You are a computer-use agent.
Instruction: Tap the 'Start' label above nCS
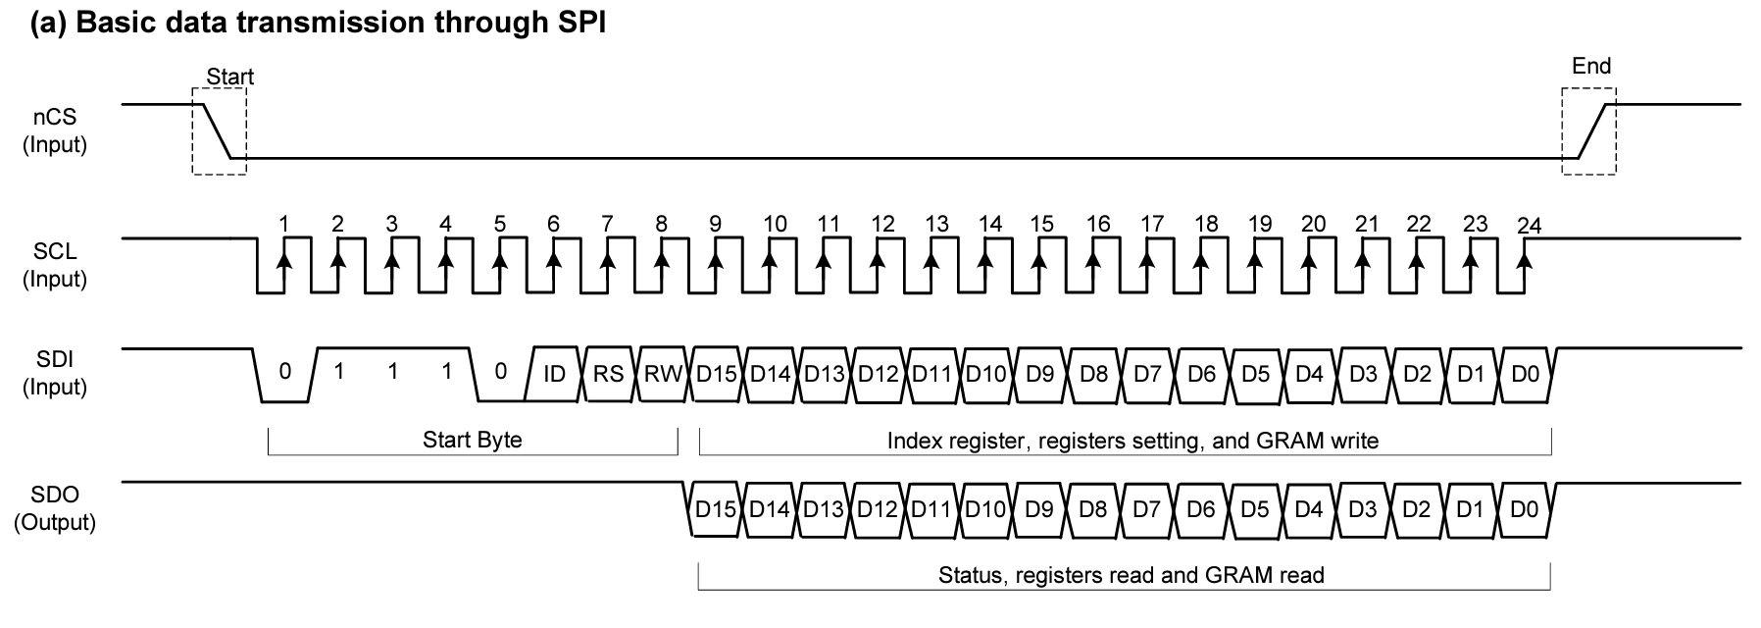(x=229, y=77)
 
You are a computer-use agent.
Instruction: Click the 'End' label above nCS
(x=1590, y=66)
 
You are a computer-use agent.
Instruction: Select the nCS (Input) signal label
(x=55, y=131)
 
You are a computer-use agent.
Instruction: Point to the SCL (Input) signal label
(x=55, y=265)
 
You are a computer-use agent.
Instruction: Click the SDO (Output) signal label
(x=55, y=508)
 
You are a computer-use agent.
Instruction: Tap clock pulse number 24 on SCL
(x=1528, y=227)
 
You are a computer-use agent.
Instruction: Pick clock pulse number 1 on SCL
(x=284, y=225)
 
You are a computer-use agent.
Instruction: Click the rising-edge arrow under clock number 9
(x=716, y=263)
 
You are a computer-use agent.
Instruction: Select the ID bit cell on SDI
(x=554, y=374)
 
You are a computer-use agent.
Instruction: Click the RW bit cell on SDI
(x=663, y=374)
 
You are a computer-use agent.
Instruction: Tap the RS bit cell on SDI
(x=608, y=374)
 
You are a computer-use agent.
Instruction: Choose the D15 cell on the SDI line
(x=716, y=374)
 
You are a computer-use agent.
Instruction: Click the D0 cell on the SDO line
(x=1524, y=509)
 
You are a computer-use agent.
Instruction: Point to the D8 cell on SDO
(x=1092, y=509)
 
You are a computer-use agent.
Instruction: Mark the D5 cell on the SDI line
(x=1255, y=374)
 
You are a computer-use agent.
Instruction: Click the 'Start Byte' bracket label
(x=472, y=440)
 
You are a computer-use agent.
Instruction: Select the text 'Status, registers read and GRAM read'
(x=1131, y=575)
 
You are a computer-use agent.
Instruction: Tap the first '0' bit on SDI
(x=285, y=372)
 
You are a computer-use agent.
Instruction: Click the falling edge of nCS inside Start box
(x=216, y=130)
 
